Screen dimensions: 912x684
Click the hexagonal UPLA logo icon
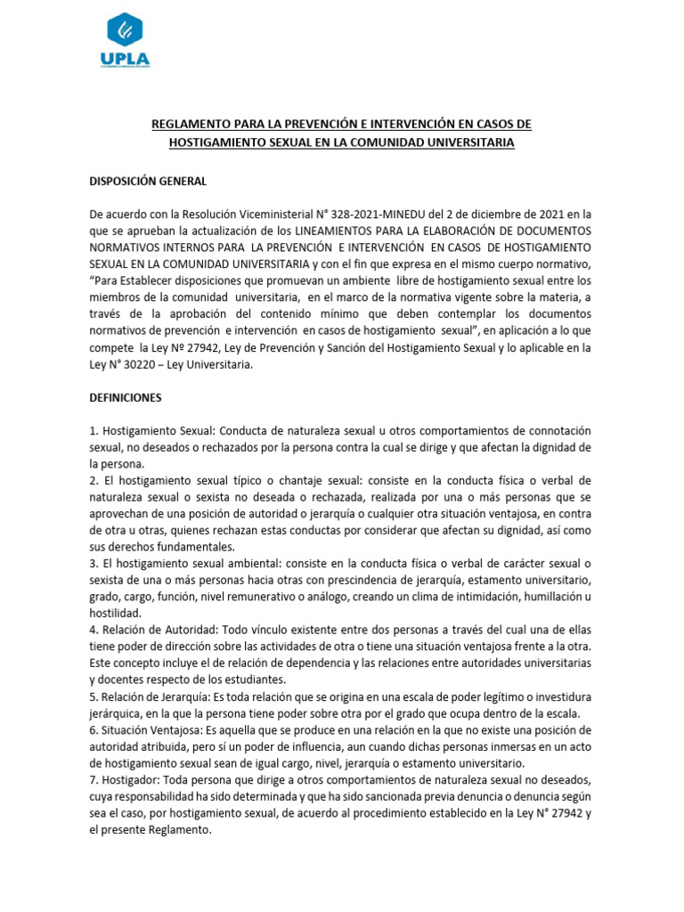click(x=125, y=30)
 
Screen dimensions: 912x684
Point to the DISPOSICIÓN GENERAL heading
click(x=148, y=181)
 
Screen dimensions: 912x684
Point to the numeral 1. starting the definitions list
click(x=94, y=430)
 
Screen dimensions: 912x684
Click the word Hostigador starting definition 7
click(x=127, y=779)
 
